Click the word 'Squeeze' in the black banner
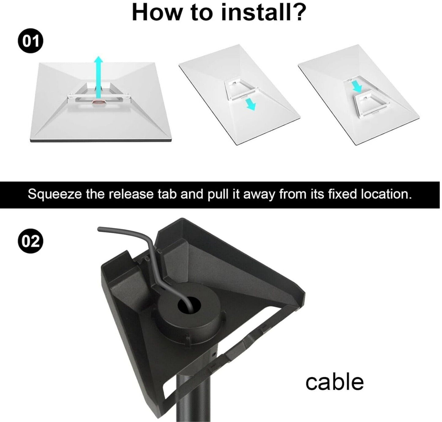(55, 194)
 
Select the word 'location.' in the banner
(386, 194)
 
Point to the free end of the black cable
(100, 229)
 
